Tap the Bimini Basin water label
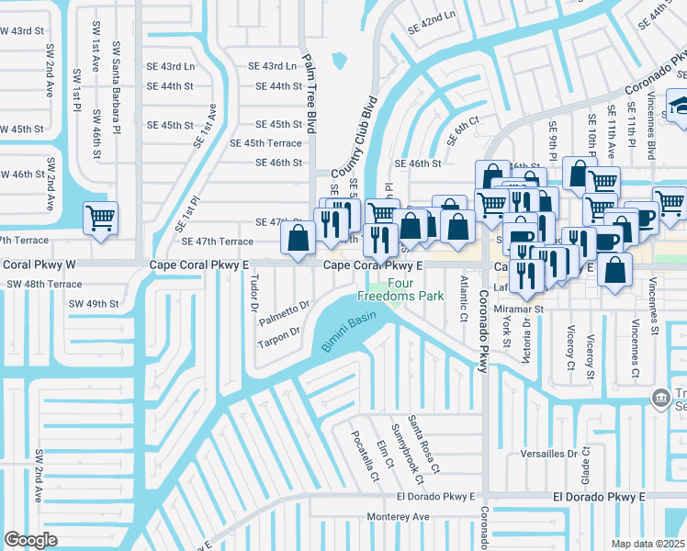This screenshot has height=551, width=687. click(350, 331)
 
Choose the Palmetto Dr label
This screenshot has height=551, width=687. click(283, 311)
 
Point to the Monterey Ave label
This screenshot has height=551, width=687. click(398, 517)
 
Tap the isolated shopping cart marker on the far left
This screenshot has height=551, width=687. click(100, 219)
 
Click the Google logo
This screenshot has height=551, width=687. click(31, 539)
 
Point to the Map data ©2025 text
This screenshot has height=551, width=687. click(648, 544)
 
